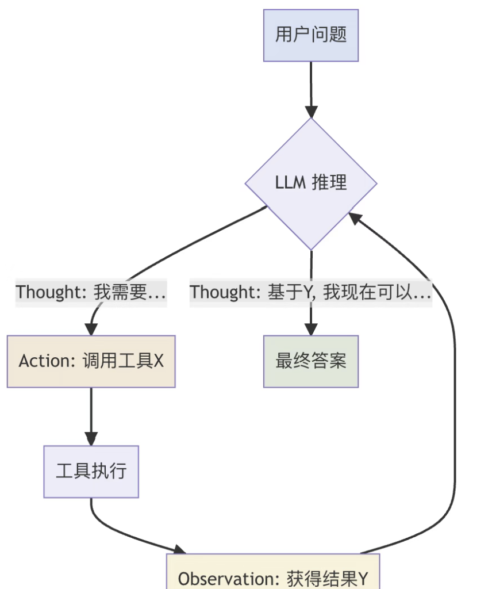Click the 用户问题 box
311,35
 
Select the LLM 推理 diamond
311,183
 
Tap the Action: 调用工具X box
91,361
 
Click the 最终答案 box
311,361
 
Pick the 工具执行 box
91,471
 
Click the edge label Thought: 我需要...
91,292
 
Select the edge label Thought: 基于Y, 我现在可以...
311,292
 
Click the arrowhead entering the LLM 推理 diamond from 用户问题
311,111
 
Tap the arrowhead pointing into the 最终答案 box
311,329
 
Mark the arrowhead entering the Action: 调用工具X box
91,329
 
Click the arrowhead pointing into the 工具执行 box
91,439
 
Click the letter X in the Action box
159,361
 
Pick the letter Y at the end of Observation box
362,579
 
